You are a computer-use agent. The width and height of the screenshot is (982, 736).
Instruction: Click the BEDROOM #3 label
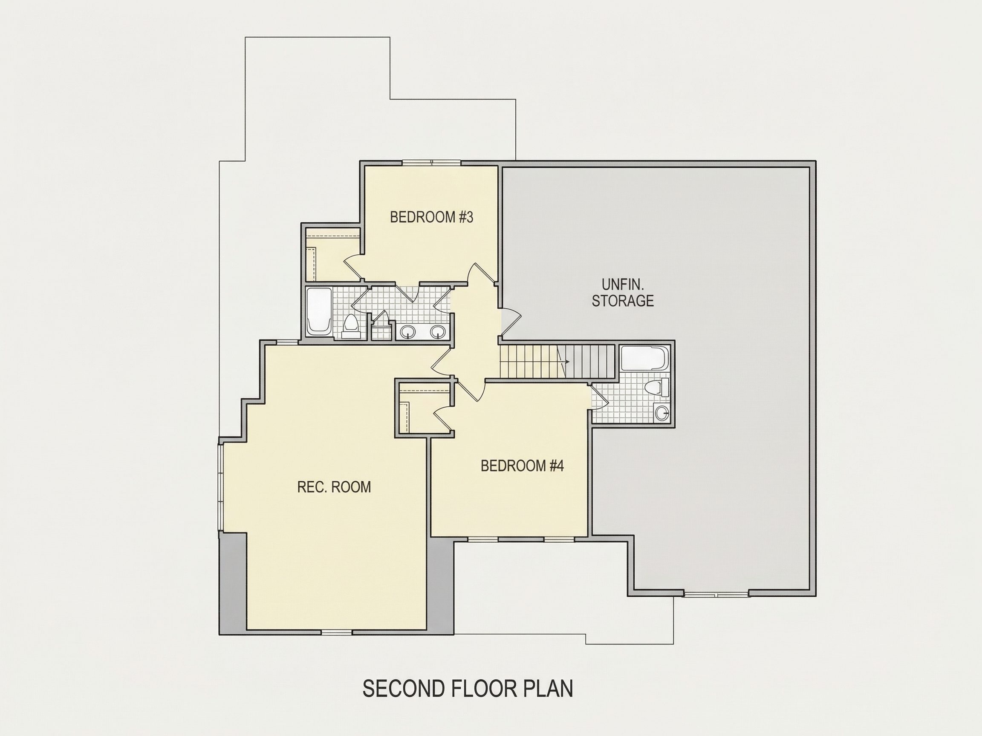pyautogui.click(x=431, y=217)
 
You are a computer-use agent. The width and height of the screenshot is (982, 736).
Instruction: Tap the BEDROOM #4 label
pyautogui.click(x=522, y=466)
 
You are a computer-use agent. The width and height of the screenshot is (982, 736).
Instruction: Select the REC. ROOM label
pyautogui.click(x=334, y=487)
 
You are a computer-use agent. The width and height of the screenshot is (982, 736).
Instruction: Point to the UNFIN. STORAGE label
pyautogui.click(x=622, y=292)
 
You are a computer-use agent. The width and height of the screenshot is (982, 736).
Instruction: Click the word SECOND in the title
pyautogui.click(x=404, y=689)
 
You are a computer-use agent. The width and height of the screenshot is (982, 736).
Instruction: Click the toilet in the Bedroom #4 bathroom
pyautogui.click(x=657, y=387)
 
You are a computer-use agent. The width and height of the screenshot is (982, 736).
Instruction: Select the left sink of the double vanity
pyautogui.click(x=408, y=331)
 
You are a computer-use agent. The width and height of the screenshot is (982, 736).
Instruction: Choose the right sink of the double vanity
pyautogui.click(x=438, y=331)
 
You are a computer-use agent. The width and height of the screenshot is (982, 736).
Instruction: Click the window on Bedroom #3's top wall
pyautogui.click(x=431, y=163)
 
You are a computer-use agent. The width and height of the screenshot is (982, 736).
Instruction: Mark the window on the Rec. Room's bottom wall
pyautogui.click(x=337, y=632)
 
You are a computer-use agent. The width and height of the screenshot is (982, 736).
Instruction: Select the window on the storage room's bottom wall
pyautogui.click(x=716, y=593)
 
